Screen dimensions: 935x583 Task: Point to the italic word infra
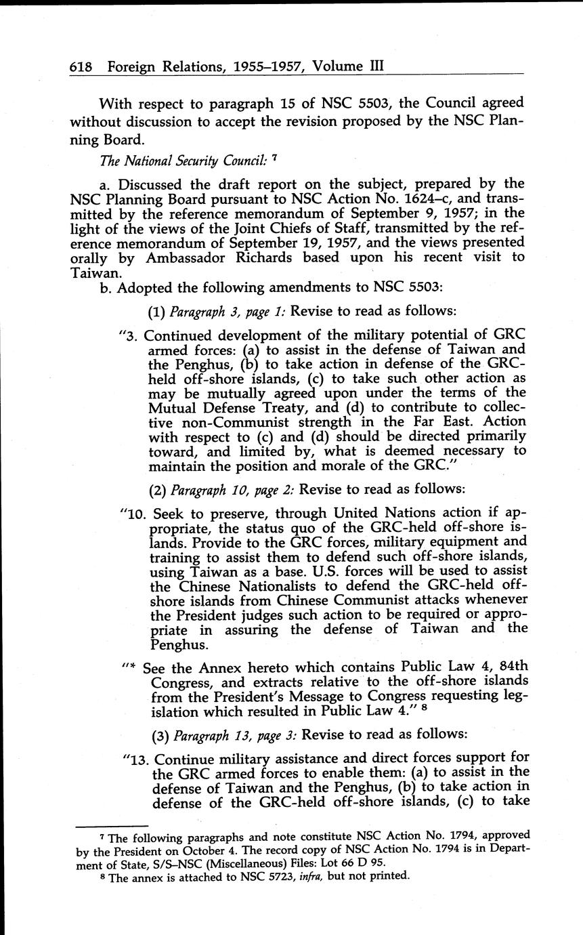(326, 875)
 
